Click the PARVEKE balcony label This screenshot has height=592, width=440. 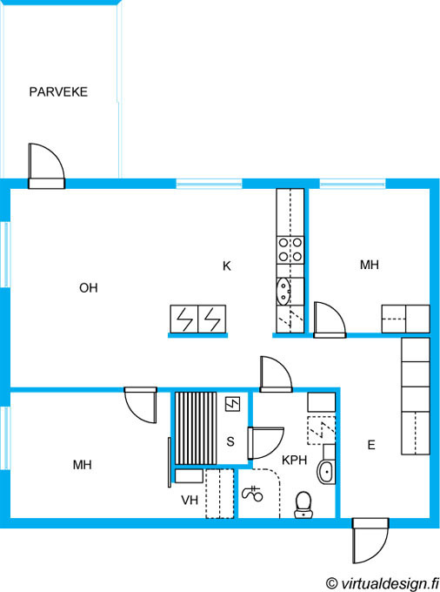click(58, 91)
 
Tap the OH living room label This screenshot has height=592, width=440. click(89, 287)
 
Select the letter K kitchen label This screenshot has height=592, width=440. click(227, 266)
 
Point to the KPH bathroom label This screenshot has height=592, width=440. click(295, 460)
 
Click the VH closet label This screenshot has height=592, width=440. click(190, 501)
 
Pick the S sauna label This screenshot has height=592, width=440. click(230, 441)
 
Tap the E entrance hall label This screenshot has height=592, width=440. click(371, 445)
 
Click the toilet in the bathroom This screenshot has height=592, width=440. click(303, 505)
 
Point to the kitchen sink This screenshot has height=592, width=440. click(283, 291)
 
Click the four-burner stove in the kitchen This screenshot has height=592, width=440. click(290, 250)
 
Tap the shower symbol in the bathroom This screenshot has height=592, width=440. click(252, 494)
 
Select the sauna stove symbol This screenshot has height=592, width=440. click(233, 404)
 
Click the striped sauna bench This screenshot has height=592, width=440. click(196, 428)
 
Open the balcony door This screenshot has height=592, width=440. click(46, 166)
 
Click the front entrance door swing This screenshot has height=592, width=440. click(370, 541)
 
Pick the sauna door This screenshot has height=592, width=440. click(265, 443)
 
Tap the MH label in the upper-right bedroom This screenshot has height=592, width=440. click(370, 265)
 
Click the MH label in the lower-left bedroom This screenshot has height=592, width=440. click(83, 465)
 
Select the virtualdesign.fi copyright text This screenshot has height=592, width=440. click(382, 583)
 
